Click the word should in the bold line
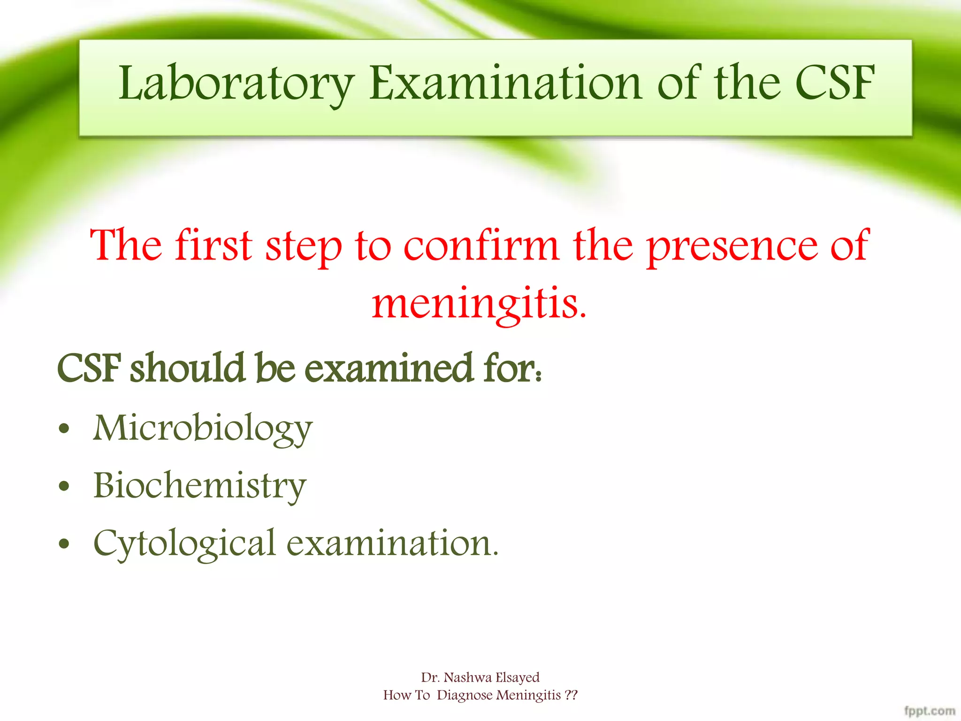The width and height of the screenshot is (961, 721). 188,368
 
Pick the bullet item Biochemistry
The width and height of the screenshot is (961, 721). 200,485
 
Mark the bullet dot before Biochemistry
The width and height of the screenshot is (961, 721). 64,486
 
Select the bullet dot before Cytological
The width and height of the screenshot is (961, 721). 64,544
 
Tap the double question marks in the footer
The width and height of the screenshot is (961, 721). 571,695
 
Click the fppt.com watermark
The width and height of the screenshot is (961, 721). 930,711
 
